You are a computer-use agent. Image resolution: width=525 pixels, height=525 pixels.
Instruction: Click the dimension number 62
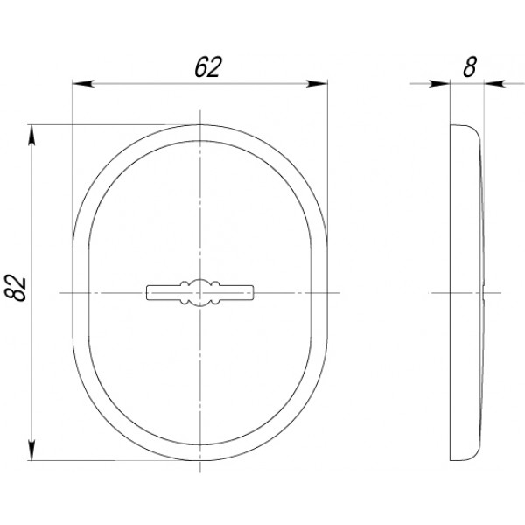[208, 67]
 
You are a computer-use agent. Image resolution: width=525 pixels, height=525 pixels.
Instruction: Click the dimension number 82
[15, 288]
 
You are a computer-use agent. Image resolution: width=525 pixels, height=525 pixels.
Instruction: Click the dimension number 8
[469, 67]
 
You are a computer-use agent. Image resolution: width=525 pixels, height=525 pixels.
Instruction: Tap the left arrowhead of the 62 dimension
[83, 84]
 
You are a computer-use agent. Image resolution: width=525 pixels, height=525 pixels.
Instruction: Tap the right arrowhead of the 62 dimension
[317, 84]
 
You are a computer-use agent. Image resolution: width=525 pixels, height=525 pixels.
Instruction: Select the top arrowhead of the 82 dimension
[31, 136]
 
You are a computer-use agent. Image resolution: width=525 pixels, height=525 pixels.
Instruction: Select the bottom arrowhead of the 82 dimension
[31, 450]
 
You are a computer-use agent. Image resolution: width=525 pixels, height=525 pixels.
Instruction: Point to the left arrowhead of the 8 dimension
[439, 84]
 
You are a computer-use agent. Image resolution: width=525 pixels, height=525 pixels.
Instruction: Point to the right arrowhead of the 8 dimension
[495, 84]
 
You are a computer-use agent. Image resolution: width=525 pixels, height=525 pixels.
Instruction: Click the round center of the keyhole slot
[200, 293]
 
